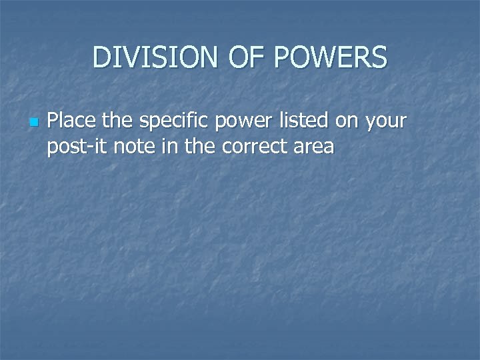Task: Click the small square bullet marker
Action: tap(34, 123)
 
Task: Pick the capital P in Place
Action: tap(54, 122)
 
